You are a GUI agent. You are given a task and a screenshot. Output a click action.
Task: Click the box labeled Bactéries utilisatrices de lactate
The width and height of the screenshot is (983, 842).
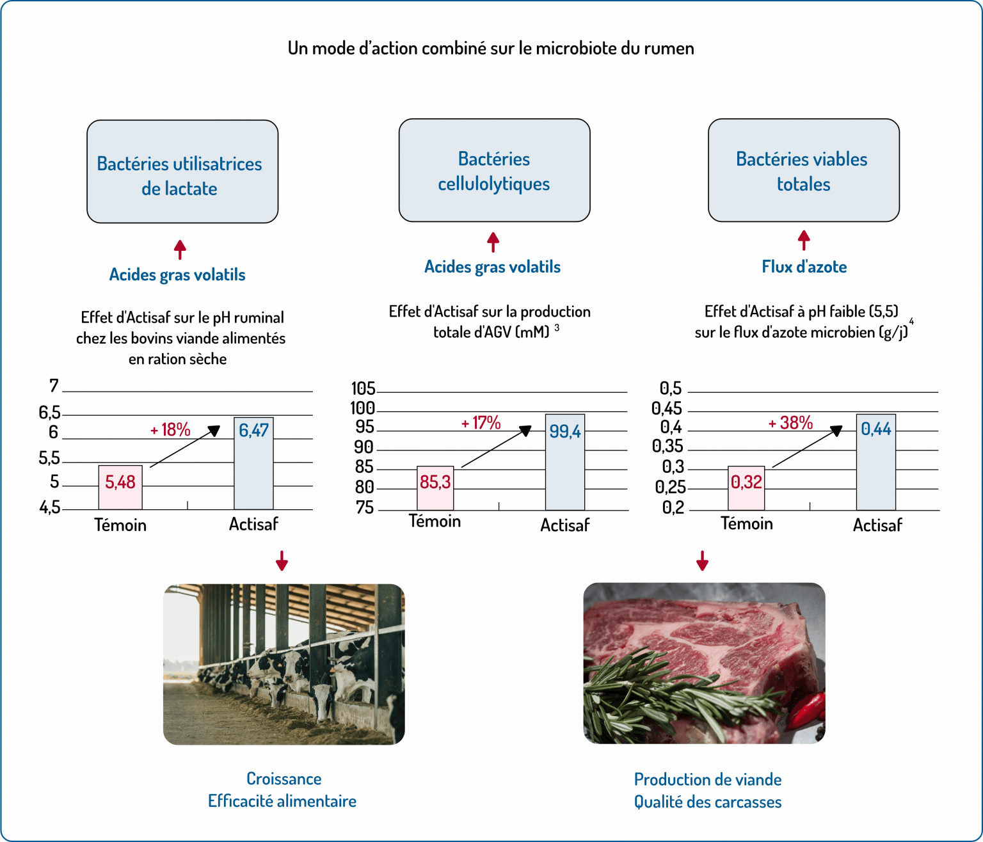coord(182,171)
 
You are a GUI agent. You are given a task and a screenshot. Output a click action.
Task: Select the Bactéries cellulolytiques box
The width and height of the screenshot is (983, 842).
coord(494,170)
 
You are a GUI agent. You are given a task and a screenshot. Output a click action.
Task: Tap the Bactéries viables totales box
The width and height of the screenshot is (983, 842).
coord(803,170)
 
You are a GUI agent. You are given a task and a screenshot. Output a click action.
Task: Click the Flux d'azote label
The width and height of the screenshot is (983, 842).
coord(804,267)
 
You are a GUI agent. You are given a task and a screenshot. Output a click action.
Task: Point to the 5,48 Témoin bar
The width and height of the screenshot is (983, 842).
coord(120,487)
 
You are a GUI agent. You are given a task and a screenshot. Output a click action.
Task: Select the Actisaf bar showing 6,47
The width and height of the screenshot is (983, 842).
coord(254,463)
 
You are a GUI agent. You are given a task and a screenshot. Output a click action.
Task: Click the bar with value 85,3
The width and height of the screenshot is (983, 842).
coord(435,488)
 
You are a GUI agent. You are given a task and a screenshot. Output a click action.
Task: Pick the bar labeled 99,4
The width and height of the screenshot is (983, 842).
coord(564,462)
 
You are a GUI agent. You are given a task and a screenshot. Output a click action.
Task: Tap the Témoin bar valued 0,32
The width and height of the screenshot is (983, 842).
coord(746,488)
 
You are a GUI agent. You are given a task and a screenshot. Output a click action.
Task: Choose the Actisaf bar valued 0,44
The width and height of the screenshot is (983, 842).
coord(875,462)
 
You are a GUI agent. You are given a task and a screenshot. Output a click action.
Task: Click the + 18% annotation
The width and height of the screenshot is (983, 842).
coord(170,429)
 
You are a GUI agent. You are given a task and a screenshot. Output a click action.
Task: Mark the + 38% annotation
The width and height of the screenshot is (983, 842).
coord(790,423)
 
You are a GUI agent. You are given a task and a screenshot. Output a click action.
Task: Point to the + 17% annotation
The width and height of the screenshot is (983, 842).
coord(481,423)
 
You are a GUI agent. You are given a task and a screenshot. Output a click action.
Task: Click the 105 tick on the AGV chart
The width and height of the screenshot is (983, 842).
coord(363,388)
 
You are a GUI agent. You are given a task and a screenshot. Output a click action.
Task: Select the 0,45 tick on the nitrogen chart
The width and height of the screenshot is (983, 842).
coord(667,408)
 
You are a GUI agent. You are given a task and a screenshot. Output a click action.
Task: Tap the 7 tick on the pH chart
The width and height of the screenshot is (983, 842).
coord(54,386)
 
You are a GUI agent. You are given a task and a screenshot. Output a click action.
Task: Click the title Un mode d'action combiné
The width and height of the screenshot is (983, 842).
coord(491,49)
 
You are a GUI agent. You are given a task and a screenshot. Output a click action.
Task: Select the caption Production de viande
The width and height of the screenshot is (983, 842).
coord(707,779)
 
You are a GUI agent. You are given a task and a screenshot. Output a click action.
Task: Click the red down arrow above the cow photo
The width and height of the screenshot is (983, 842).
coord(282,560)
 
